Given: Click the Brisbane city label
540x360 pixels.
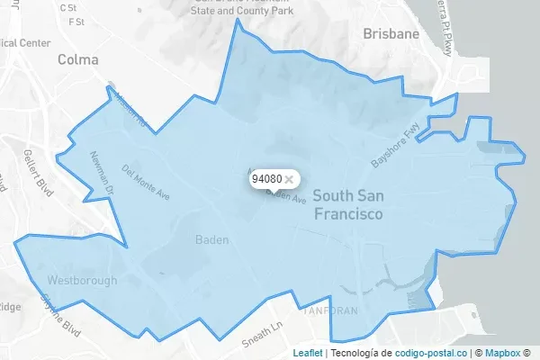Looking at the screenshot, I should [x=391, y=33].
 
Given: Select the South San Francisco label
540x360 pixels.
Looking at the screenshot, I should [x=347, y=206].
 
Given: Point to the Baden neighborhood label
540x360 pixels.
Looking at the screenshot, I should [x=212, y=240].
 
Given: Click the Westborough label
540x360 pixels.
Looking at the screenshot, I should [x=83, y=281].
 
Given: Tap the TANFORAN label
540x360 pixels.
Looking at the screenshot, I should [x=332, y=310].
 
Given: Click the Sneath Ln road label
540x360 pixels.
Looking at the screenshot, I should [x=263, y=334].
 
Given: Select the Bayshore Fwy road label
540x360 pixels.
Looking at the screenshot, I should [x=395, y=147].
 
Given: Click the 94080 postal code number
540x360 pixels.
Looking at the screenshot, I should [x=266, y=179].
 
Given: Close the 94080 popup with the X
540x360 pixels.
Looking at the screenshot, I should [x=289, y=179].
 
